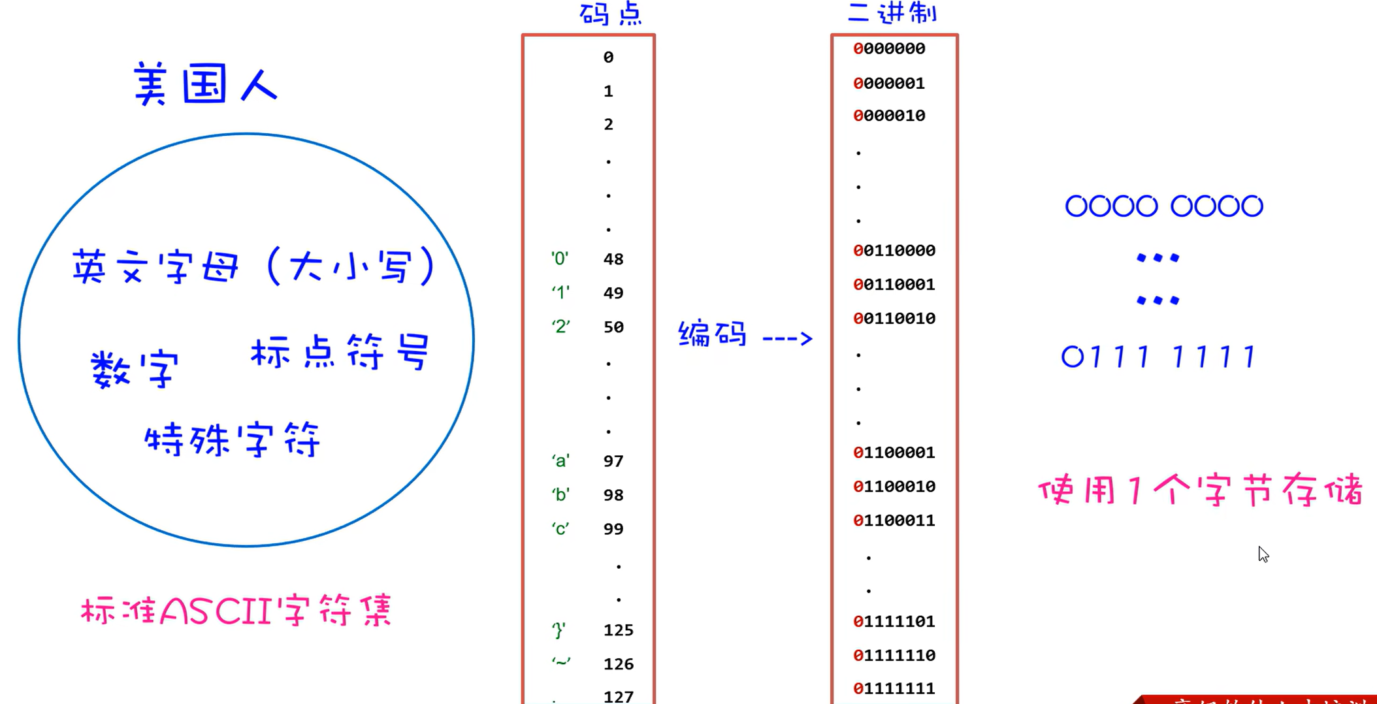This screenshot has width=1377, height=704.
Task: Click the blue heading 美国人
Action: click(x=206, y=84)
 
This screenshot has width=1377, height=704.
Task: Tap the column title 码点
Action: click(x=611, y=14)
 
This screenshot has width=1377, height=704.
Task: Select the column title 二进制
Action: click(x=892, y=13)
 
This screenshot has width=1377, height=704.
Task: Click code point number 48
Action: click(x=613, y=259)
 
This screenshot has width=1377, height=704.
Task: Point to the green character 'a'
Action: click(x=560, y=461)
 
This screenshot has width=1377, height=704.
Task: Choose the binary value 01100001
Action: click(x=894, y=453)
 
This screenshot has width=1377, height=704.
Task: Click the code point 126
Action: click(x=619, y=664)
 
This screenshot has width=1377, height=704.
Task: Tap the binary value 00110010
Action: click(x=894, y=319)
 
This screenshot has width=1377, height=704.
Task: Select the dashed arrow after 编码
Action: click(x=787, y=338)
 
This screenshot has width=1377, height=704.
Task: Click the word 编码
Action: click(x=713, y=334)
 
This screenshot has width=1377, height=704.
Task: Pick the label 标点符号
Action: click(x=340, y=352)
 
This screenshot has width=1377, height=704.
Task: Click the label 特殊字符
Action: click(x=233, y=439)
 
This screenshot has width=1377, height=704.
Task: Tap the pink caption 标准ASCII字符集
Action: click(x=236, y=611)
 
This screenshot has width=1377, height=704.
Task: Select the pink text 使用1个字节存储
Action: click(x=1201, y=490)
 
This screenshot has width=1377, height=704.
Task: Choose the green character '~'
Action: click(x=560, y=662)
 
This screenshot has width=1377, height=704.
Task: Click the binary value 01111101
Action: click(x=894, y=622)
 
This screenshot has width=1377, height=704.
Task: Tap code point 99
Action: click(x=613, y=529)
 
